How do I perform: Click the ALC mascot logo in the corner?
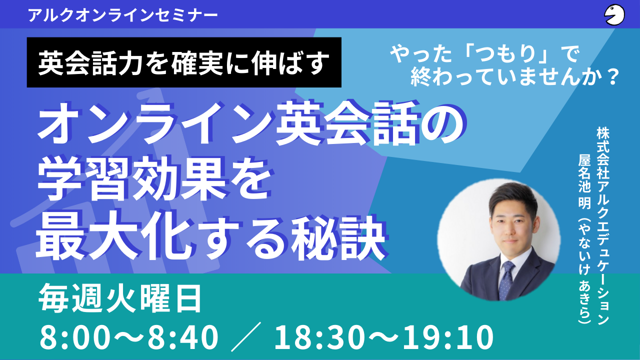pyautogui.click(x=614, y=14)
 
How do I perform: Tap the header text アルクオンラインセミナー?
pyautogui.click(x=123, y=15)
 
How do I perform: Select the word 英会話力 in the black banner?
pyautogui.click(x=90, y=63)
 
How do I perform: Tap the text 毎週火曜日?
pyautogui.click(x=120, y=298)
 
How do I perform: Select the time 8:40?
pyautogui.click(x=183, y=337)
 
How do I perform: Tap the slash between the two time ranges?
pyautogui.click(x=246, y=336)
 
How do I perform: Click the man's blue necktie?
pyautogui.click(x=505, y=280)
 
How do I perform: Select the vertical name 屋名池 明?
pyautogui.click(x=584, y=182)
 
